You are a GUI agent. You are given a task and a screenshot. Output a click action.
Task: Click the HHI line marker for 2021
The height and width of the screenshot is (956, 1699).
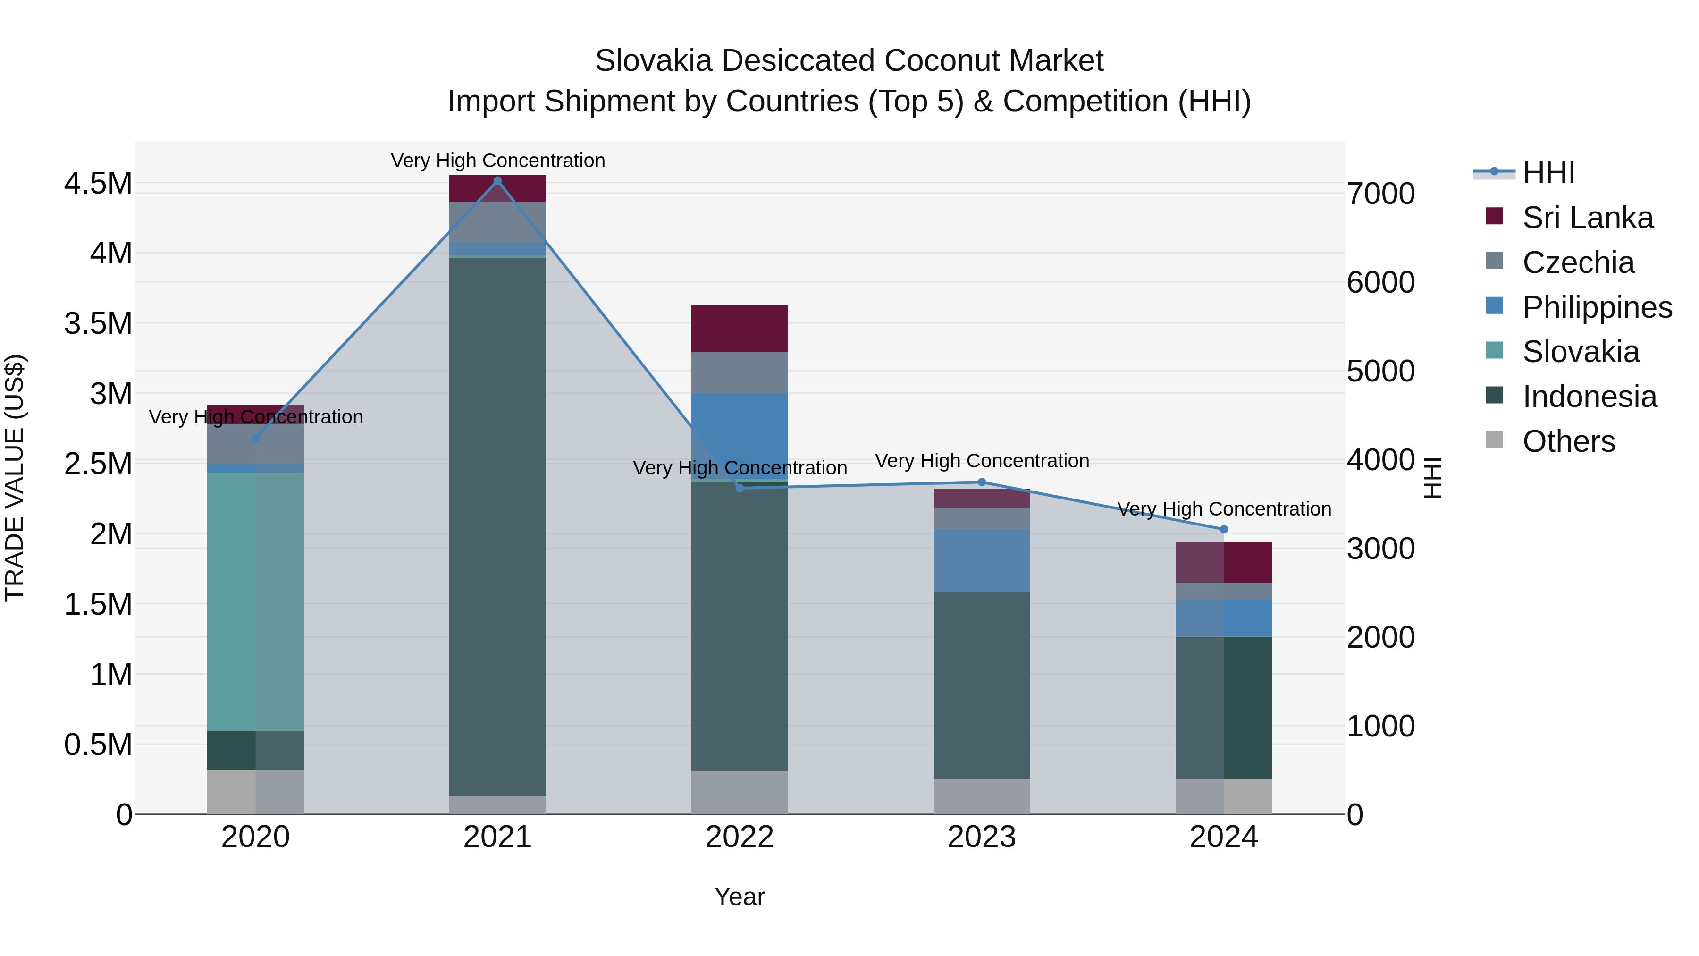point(497,181)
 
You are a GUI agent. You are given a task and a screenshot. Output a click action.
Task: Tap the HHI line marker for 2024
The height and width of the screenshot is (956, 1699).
point(1223,529)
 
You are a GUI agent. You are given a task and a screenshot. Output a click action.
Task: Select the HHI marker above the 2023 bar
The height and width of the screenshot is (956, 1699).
point(982,482)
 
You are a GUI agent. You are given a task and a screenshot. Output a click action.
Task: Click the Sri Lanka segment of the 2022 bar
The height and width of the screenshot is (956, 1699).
point(740,329)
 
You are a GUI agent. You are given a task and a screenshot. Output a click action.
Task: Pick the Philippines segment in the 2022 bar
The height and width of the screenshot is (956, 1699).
point(740,435)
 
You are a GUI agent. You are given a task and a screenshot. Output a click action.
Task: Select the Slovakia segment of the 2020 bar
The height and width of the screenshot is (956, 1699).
point(255,601)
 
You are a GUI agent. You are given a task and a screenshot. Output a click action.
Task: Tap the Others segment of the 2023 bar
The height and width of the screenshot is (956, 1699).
point(982,796)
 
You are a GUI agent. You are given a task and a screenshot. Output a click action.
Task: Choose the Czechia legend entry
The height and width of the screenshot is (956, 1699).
point(1578,262)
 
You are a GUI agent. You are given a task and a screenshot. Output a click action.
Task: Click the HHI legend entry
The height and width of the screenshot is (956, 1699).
point(1548,173)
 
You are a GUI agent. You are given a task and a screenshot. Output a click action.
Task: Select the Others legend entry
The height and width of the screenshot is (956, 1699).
point(1568,441)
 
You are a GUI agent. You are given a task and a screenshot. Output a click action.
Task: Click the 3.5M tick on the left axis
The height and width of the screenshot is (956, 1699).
point(98,324)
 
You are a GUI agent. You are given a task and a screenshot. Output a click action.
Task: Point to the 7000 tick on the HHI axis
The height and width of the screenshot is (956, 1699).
point(1380,194)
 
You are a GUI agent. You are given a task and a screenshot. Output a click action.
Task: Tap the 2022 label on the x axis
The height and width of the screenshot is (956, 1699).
point(740,837)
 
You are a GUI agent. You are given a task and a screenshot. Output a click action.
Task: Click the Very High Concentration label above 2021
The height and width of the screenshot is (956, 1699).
point(497,161)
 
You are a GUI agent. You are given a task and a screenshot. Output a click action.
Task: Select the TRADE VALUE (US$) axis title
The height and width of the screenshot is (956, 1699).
point(15,478)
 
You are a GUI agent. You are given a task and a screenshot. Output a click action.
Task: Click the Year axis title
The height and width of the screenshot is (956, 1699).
point(740,897)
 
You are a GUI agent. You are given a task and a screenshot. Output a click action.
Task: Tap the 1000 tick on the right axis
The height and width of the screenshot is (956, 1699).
point(1380,727)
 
